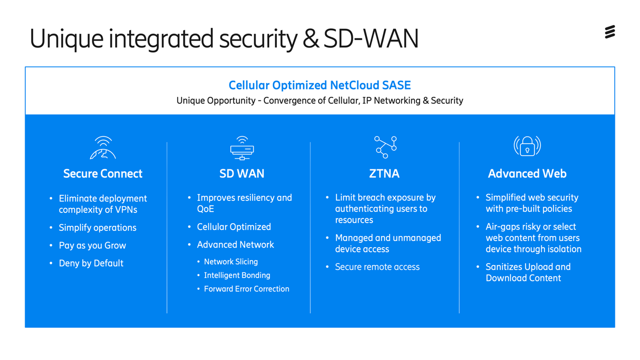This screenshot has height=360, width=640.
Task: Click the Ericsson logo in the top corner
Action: pos(610,32)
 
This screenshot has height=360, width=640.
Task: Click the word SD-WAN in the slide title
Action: pos(371,39)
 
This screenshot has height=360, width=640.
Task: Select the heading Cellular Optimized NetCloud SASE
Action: pos(320,85)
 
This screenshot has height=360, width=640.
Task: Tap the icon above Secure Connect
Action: pos(103,148)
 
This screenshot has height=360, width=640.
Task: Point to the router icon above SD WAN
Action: pos(242,148)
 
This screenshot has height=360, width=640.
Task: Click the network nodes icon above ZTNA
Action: pos(385,147)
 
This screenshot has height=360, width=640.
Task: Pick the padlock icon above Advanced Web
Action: pos(527,146)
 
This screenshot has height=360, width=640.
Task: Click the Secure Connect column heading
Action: pos(103,174)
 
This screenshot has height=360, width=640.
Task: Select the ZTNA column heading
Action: pos(384,174)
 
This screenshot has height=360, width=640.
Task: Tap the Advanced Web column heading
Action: pos(527,174)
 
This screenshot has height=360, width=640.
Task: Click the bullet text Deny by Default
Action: pos(91,263)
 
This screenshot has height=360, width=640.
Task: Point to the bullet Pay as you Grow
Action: pos(92,246)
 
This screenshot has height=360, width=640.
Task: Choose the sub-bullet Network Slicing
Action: pos(231,262)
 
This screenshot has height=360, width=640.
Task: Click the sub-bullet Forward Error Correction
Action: pos(247,289)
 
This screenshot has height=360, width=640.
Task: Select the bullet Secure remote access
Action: pos(377,267)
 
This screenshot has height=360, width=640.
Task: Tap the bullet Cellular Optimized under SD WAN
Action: pos(234,227)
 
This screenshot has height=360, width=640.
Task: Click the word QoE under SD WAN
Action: pos(206,209)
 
